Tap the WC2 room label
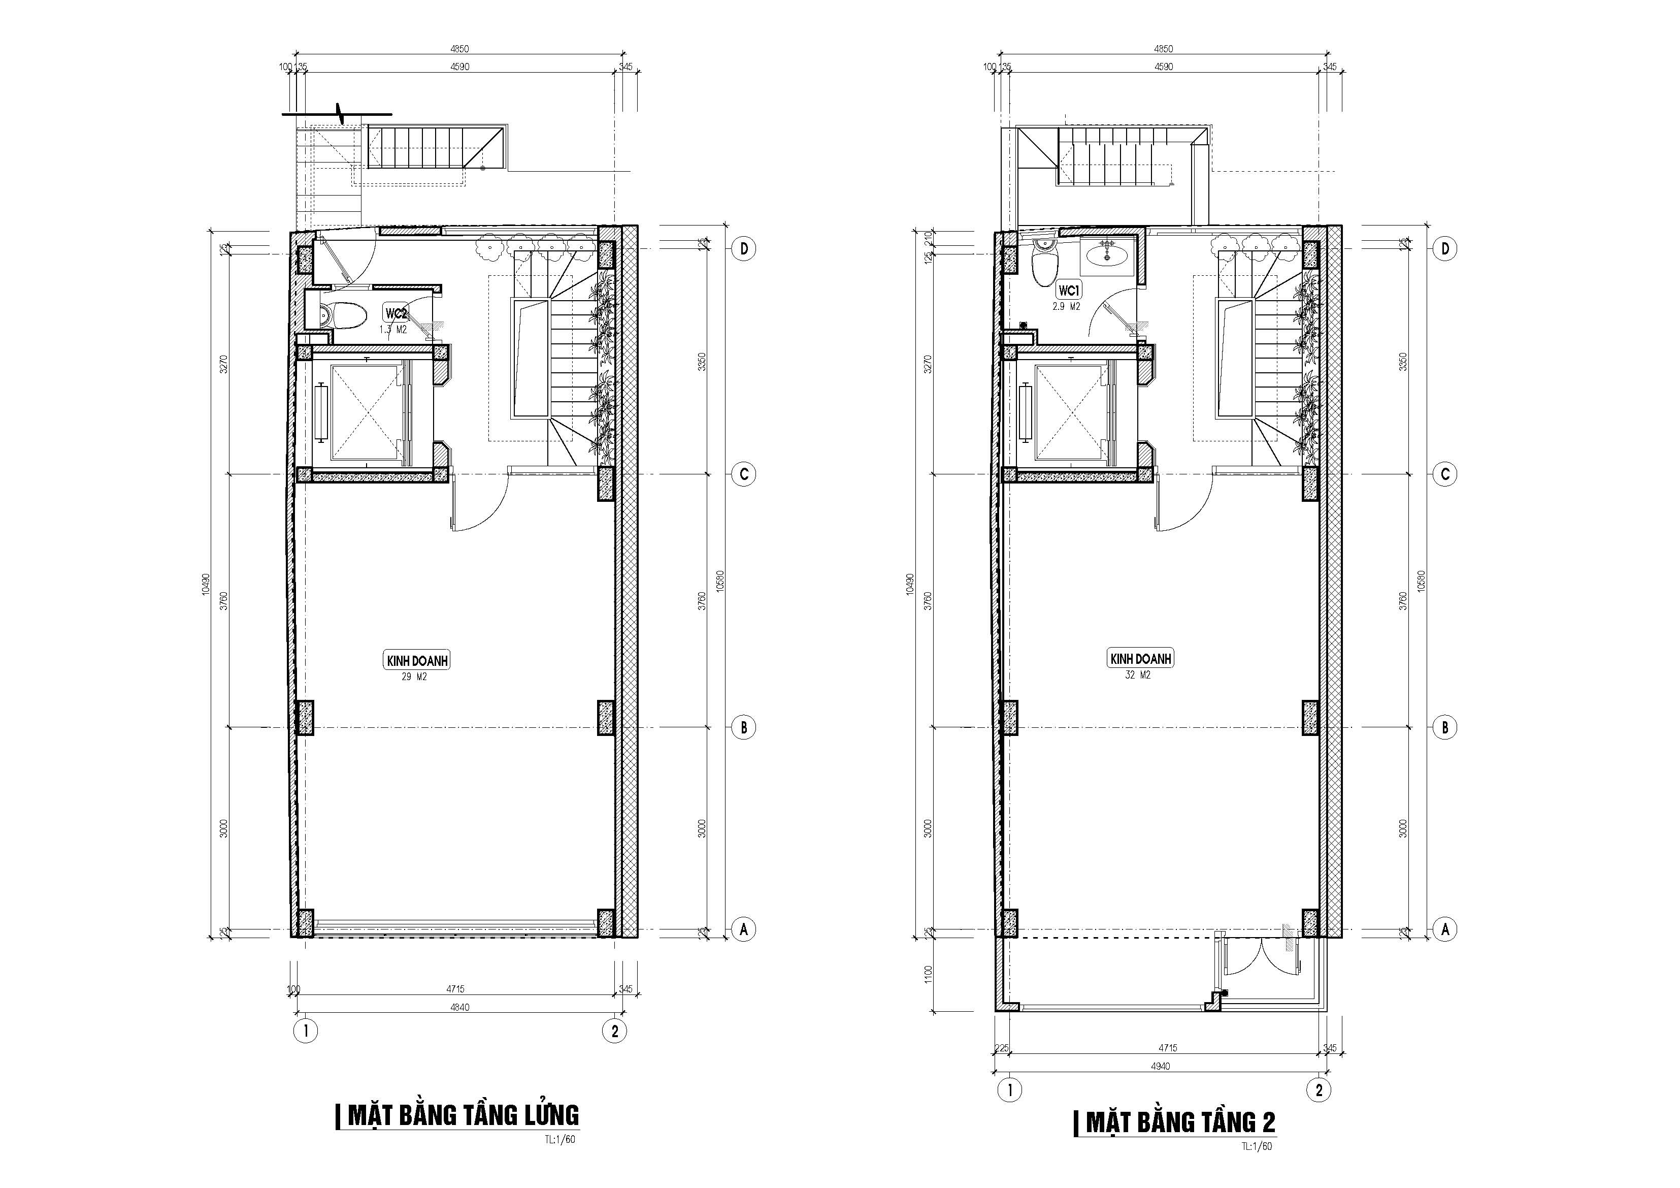pos(396,313)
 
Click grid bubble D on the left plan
pos(743,249)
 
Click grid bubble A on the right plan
pos(1444,929)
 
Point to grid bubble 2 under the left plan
pos(615,1032)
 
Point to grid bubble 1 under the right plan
pos(1010,1090)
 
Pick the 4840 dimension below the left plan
pos(459,1007)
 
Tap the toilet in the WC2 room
pos(340,315)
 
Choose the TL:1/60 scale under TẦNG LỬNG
pos(560,1139)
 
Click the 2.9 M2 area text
pos(1066,307)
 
